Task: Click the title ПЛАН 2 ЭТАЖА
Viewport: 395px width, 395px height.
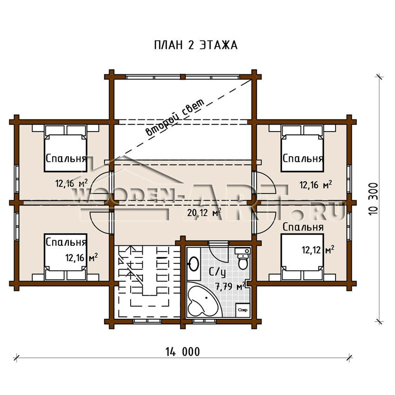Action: (196, 46)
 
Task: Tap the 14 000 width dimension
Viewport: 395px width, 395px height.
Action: (183, 352)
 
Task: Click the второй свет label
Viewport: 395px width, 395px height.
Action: (176, 118)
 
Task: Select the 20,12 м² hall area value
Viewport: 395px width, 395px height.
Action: (204, 212)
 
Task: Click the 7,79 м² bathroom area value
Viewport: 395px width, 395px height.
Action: (230, 286)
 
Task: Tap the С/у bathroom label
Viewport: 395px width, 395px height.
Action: (217, 272)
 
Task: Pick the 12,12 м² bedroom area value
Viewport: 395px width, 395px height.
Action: (318, 250)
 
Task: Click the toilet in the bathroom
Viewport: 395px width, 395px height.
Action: (243, 258)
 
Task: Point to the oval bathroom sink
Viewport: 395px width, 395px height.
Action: (193, 264)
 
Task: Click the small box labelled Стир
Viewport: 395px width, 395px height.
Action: (243, 310)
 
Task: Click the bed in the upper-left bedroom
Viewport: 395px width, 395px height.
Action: (66, 148)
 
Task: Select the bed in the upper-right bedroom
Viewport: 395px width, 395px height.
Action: (302, 148)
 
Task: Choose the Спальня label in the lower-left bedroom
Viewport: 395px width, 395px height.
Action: (66, 242)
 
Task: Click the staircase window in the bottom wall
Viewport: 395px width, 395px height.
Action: (147, 321)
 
